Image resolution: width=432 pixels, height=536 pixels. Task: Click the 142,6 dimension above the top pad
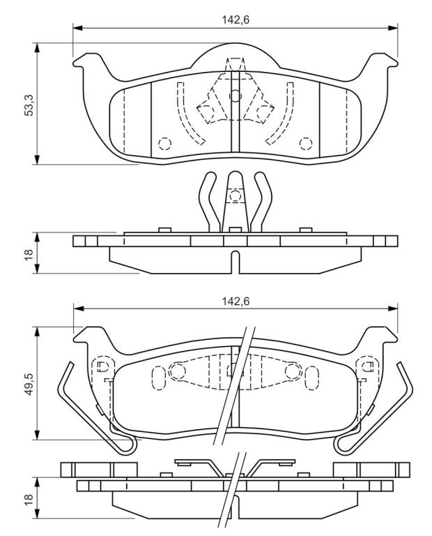pos(236,20)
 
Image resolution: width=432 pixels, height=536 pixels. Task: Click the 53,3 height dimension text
pos(29,105)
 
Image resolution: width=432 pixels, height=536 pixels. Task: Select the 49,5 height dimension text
pos(29,385)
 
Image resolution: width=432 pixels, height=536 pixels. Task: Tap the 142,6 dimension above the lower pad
pos(236,301)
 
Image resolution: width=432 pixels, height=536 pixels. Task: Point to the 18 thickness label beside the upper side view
pos(29,253)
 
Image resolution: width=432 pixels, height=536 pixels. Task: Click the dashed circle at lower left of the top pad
pos(165,143)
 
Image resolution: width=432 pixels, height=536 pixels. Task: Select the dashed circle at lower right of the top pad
pos(306,143)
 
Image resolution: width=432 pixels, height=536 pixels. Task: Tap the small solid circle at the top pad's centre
pos(236,96)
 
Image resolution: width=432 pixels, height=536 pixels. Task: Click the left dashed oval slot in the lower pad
pos(158,378)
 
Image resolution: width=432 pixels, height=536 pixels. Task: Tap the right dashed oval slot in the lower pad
pos(313,378)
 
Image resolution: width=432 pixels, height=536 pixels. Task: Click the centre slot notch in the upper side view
pos(236,262)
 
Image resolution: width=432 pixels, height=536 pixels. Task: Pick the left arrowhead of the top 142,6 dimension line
pos(78,28)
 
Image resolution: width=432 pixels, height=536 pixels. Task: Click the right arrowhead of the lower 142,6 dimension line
pos(392,308)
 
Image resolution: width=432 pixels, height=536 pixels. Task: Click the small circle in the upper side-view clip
pos(236,196)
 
